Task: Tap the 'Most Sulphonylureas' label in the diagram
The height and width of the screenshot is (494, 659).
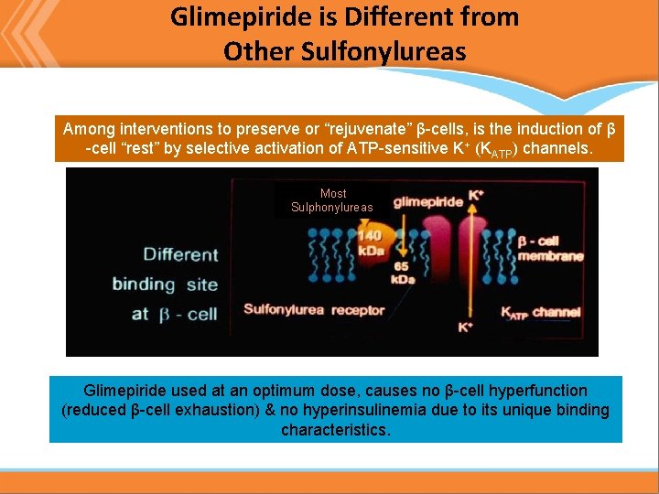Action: coord(332,200)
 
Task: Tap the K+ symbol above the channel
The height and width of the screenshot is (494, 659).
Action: coord(476,195)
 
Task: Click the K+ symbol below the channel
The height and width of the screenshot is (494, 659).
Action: coord(466,327)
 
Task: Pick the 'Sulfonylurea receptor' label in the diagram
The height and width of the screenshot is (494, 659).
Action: coord(314,309)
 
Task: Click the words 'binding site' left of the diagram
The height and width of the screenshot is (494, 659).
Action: coord(165,284)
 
